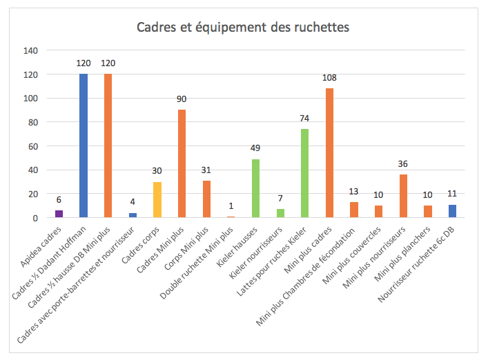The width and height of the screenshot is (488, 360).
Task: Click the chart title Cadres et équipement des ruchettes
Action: coord(243,28)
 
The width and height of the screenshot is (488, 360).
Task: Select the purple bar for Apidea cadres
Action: coord(59,214)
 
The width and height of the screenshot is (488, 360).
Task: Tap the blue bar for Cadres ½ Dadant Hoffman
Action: coord(84,146)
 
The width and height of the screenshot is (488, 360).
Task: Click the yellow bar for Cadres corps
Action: coord(157,200)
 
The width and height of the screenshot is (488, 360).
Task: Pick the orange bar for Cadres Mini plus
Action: coord(182,164)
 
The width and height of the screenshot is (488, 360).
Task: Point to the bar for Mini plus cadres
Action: coord(329,153)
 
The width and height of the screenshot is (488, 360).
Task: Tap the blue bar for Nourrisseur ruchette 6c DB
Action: coord(453,211)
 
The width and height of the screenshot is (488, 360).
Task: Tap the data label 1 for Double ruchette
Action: coord(231,207)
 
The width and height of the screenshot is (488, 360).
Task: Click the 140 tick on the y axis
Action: coord(30,50)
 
